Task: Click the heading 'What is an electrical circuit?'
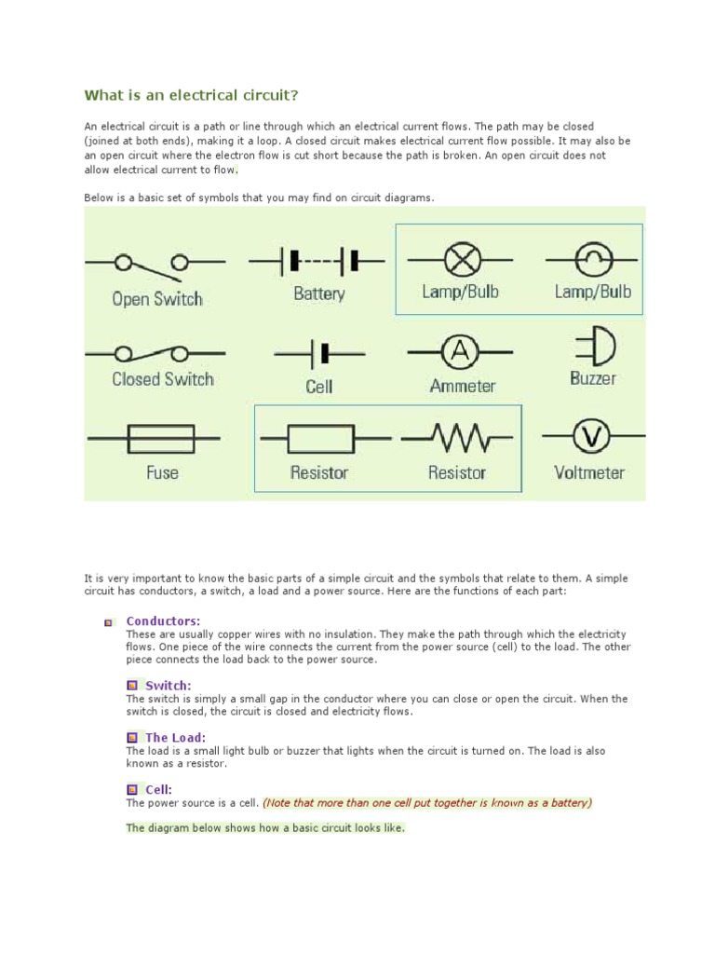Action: (x=193, y=95)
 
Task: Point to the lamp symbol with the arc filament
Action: (x=592, y=258)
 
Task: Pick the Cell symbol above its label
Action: (x=319, y=353)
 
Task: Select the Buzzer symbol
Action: (x=596, y=347)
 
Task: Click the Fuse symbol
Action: (x=160, y=437)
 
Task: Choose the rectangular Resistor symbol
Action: (x=319, y=437)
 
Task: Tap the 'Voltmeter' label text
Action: (x=589, y=472)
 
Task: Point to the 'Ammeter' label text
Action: (x=463, y=386)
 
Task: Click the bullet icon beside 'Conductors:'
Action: (x=109, y=622)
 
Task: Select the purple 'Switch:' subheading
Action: (x=168, y=686)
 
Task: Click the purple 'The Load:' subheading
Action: (x=175, y=738)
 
